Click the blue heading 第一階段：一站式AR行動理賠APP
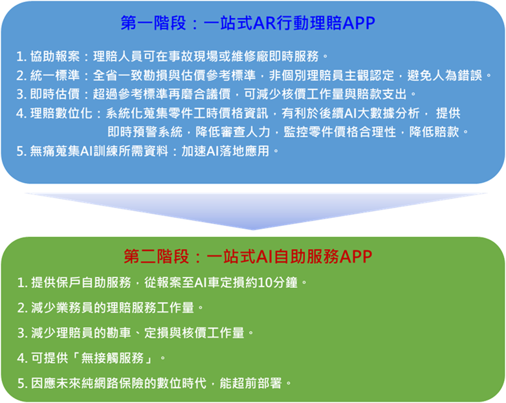click(248, 23)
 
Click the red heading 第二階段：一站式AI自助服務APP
click(248, 257)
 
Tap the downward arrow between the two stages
click(255, 211)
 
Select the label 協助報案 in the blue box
click(55, 56)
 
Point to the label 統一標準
click(55, 76)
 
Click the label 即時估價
click(55, 94)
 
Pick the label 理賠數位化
click(61, 113)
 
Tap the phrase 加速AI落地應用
click(225, 151)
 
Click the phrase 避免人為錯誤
click(445, 76)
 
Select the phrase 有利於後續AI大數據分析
click(351, 113)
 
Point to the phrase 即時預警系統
click(145, 132)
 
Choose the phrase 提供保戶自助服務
click(81, 283)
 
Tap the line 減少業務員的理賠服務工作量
click(113, 308)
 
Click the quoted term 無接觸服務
click(113, 358)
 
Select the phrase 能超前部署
click(251, 384)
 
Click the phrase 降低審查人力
click(233, 132)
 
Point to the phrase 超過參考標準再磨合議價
click(162, 94)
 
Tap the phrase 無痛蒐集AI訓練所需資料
click(99, 151)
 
